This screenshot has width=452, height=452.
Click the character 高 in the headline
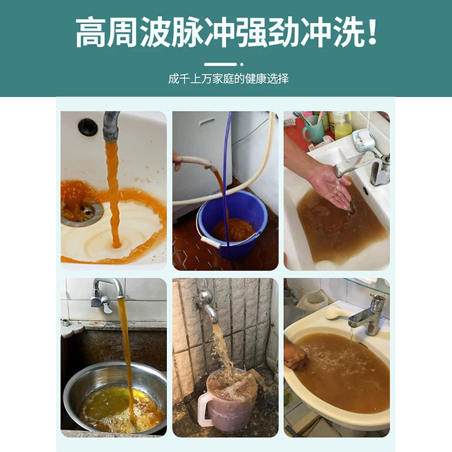point(92,32)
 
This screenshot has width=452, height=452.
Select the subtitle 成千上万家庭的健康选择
point(228,79)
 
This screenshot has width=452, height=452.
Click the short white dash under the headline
point(220,64)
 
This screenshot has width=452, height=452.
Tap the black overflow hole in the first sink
point(87,127)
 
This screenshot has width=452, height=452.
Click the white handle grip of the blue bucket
point(211,243)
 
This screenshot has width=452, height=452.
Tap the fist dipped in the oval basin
point(295,356)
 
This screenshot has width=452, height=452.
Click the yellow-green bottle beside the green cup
point(342,126)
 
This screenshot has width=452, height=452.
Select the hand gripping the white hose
point(177,160)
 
